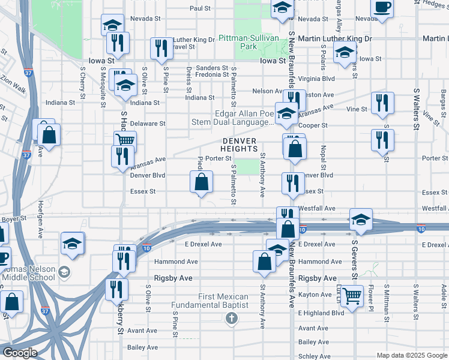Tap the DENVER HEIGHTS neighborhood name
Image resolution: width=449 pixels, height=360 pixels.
click(239, 145)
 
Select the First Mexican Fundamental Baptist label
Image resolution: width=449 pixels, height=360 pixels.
click(215, 301)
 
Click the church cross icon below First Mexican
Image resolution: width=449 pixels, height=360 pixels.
click(232, 317)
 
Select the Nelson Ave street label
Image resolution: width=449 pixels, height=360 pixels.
click(267, 91)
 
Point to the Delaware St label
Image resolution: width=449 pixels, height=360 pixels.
click(148, 124)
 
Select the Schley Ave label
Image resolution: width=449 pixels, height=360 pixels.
click(314, 356)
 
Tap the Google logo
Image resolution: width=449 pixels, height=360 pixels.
click(20, 353)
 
